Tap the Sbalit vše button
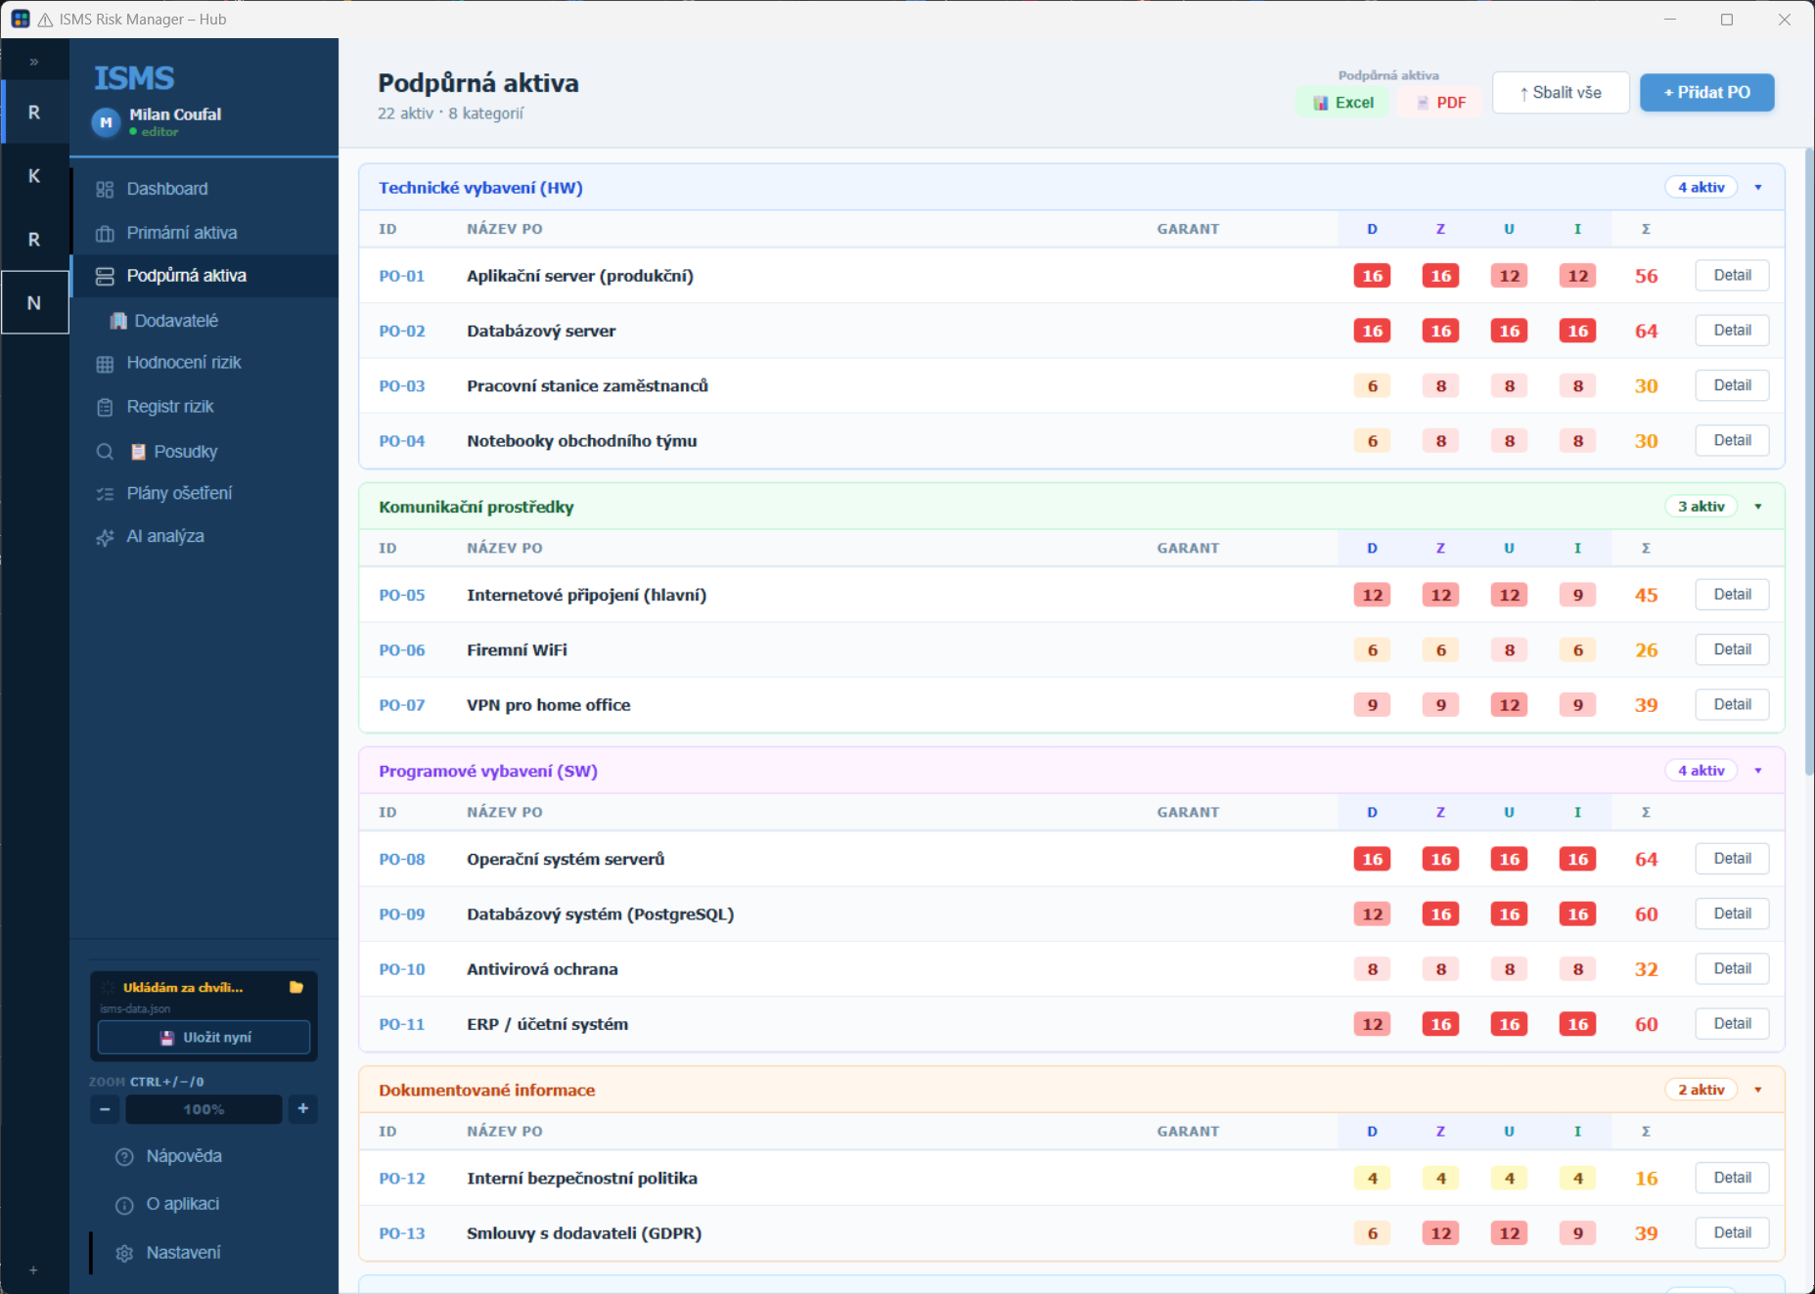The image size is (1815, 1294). pyautogui.click(x=1561, y=93)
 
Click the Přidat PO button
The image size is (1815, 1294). pyautogui.click(x=1706, y=93)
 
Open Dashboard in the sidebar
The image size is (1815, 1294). pyautogui.click(x=166, y=189)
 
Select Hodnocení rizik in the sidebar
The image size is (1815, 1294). pyautogui.click(x=183, y=363)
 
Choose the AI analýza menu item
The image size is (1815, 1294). pyautogui.click(x=164, y=536)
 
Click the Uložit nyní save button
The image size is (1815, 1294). pyautogui.click(x=204, y=1038)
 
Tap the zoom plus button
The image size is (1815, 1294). pyautogui.click(x=303, y=1108)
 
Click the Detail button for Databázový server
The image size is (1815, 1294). pyautogui.click(x=1732, y=331)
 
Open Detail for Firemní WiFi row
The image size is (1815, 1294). pyautogui.click(x=1732, y=649)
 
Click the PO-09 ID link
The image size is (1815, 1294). pyautogui.click(x=402, y=915)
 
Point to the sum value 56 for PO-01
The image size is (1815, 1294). pyautogui.click(x=1647, y=276)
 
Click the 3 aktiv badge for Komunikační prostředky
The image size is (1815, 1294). pyautogui.click(x=1701, y=507)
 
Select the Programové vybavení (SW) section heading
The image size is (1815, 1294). pyautogui.click(x=488, y=771)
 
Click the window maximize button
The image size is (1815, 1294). pyautogui.click(x=1727, y=20)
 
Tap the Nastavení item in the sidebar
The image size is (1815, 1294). pyautogui.click(x=183, y=1253)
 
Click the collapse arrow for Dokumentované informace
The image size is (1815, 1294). pyautogui.click(x=1758, y=1090)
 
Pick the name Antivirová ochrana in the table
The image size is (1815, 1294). pyautogui.click(x=542, y=969)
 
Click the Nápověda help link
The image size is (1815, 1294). pyautogui.click(x=184, y=1156)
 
